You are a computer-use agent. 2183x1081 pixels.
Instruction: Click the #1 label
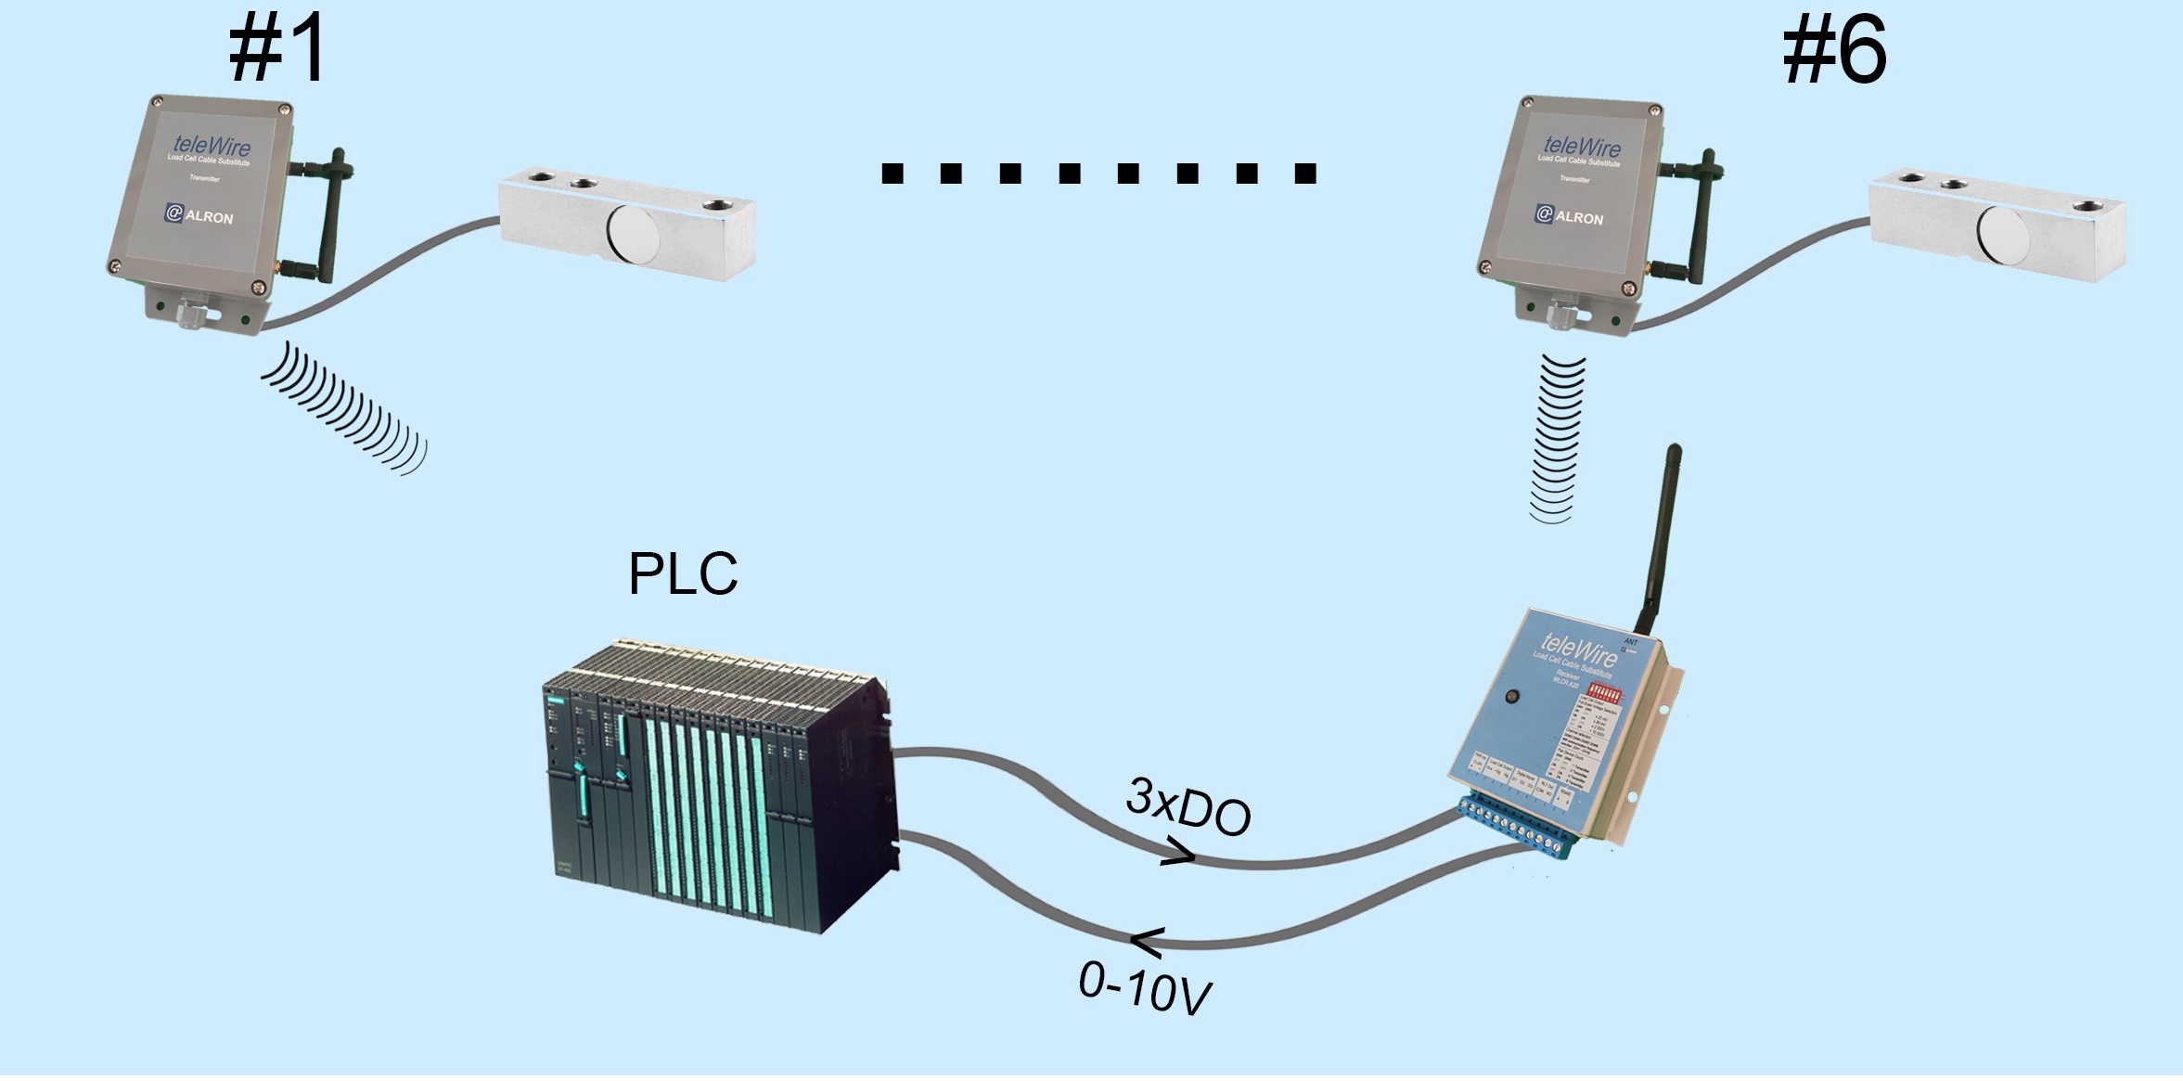pos(277,50)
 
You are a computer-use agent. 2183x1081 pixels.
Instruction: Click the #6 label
pos(1834,52)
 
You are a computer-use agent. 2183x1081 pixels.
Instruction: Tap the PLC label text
pos(683,574)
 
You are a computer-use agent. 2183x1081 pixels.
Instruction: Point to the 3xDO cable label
pos(1188,806)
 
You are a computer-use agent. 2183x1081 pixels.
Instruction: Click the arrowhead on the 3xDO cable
pos(1178,852)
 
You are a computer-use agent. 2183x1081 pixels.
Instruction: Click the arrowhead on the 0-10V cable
pos(1147,942)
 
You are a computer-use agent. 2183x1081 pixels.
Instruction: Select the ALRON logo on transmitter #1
pos(199,215)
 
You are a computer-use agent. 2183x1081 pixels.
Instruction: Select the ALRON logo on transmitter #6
pos(1569,216)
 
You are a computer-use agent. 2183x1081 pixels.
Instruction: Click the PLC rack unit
pos(719,788)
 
